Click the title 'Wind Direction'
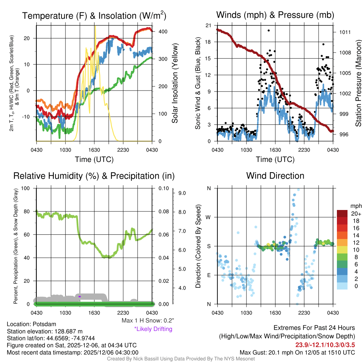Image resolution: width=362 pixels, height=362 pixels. [x=275, y=176]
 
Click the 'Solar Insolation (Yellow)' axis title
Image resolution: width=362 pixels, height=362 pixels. [x=175, y=83]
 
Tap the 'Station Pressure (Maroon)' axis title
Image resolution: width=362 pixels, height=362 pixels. [x=358, y=83]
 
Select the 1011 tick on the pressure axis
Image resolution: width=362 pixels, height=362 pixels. [x=345, y=32]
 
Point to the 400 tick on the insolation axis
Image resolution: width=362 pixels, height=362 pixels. [x=163, y=31]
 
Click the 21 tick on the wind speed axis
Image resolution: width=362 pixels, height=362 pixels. [x=209, y=25]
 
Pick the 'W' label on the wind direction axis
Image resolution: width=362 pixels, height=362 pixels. [x=209, y=217]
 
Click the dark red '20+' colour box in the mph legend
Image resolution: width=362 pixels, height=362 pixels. [x=342, y=214]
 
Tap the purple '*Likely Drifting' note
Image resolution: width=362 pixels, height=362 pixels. [x=153, y=329]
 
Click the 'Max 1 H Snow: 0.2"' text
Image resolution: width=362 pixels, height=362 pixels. [x=147, y=321]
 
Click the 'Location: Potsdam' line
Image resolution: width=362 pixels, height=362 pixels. [x=31, y=324]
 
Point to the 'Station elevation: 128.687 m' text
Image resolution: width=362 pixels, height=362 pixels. [x=45, y=331]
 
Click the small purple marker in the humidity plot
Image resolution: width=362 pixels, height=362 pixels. [x=80, y=296]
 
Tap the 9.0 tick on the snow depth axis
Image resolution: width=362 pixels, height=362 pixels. [x=182, y=193]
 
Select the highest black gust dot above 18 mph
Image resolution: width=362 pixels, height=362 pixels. [x=269, y=30]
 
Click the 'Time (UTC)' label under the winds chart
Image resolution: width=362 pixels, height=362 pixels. [x=275, y=159]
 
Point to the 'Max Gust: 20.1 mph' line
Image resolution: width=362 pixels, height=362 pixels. [x=297, y=352]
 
